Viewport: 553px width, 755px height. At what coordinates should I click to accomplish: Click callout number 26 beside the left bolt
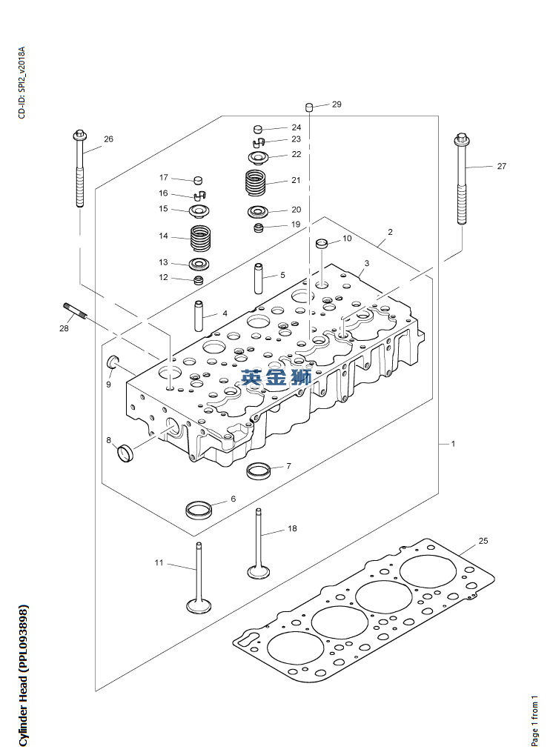pos(108,139)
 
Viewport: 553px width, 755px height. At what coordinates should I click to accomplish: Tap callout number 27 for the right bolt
pos(501,166)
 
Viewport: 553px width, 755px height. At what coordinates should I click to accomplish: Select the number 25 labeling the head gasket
pos(483,541)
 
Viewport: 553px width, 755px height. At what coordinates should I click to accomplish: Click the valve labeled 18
pos(259,544)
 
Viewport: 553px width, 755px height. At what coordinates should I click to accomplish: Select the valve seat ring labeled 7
pos(259,470)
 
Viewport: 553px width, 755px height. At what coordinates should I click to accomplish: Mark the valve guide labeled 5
pos(259,278)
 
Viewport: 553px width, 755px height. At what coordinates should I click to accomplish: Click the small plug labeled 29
pos(311,106)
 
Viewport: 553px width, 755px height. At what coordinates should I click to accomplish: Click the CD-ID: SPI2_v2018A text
pos(21,82)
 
